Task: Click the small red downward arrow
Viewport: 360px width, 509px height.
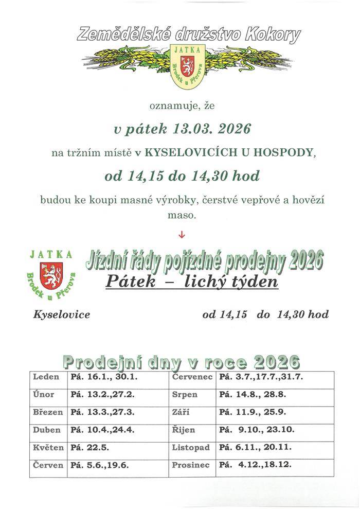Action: click(x=181, y=236)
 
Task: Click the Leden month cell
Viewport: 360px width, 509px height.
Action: click(x=47, y=377)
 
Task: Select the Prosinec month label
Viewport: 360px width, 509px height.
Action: click(x=191, y=465)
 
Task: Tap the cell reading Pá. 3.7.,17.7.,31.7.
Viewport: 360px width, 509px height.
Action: click(x=261, y=377)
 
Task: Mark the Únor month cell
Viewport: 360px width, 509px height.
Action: click(x=44, y=395)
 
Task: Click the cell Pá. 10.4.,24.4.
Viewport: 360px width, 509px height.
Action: click(x=102, y=430)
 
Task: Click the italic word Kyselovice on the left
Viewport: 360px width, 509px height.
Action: click(x=61, y=314)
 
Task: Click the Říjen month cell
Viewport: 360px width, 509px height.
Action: click(x=183, y=430)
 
